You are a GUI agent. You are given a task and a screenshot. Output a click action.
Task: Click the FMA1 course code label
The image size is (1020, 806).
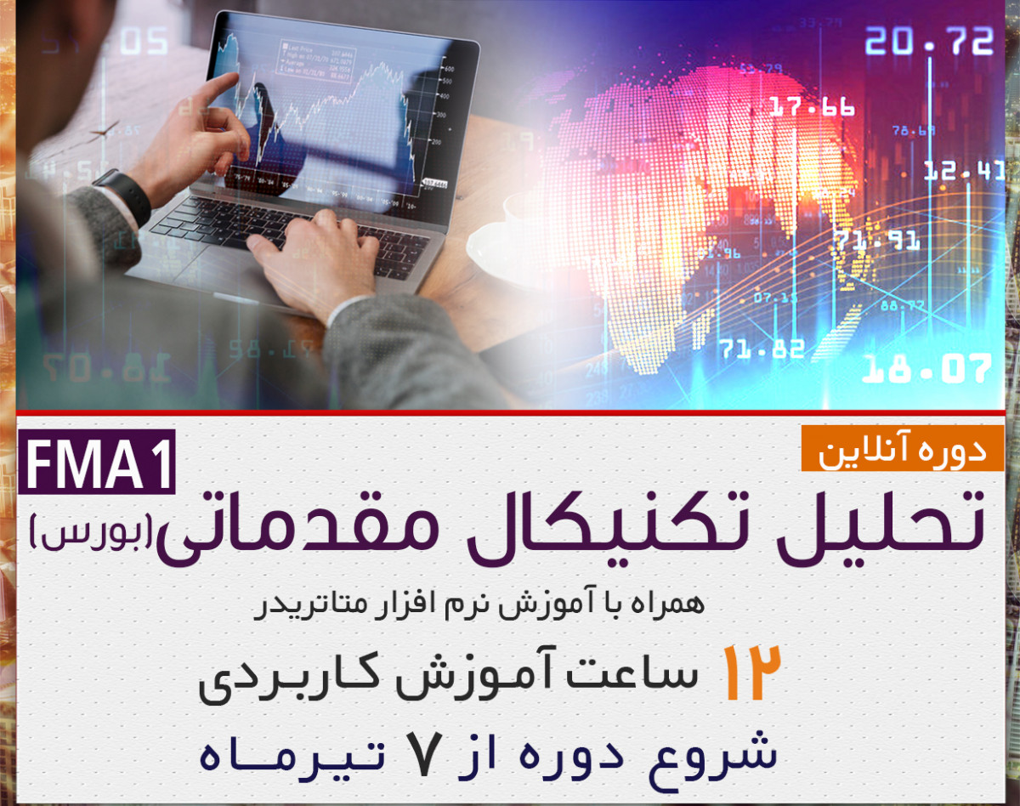96,467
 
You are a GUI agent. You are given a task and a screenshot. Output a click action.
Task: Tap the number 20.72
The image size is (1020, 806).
929,41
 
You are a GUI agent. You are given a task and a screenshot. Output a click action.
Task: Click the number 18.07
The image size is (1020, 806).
926,369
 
